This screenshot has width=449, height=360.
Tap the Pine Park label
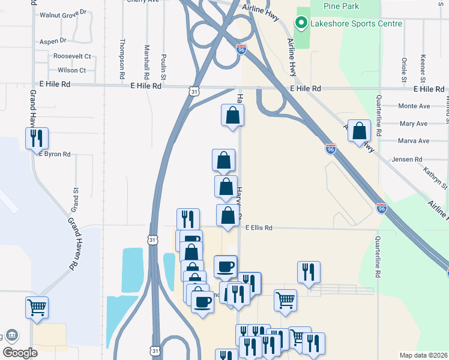(341, 6)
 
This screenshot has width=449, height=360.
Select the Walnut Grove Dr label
(63, 13)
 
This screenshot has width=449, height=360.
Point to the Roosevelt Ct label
(72, 56)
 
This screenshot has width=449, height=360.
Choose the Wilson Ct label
(72, 70)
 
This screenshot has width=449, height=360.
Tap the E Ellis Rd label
(259, 228)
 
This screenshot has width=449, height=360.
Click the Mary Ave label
(413, 124)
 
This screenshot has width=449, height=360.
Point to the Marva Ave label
(414, 141)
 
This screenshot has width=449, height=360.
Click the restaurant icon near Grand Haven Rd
(37, 138)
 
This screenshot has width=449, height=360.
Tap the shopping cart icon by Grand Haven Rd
(37, 307)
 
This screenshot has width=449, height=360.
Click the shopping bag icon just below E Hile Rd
(232, 115)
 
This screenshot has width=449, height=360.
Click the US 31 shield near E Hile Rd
(193, 92)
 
